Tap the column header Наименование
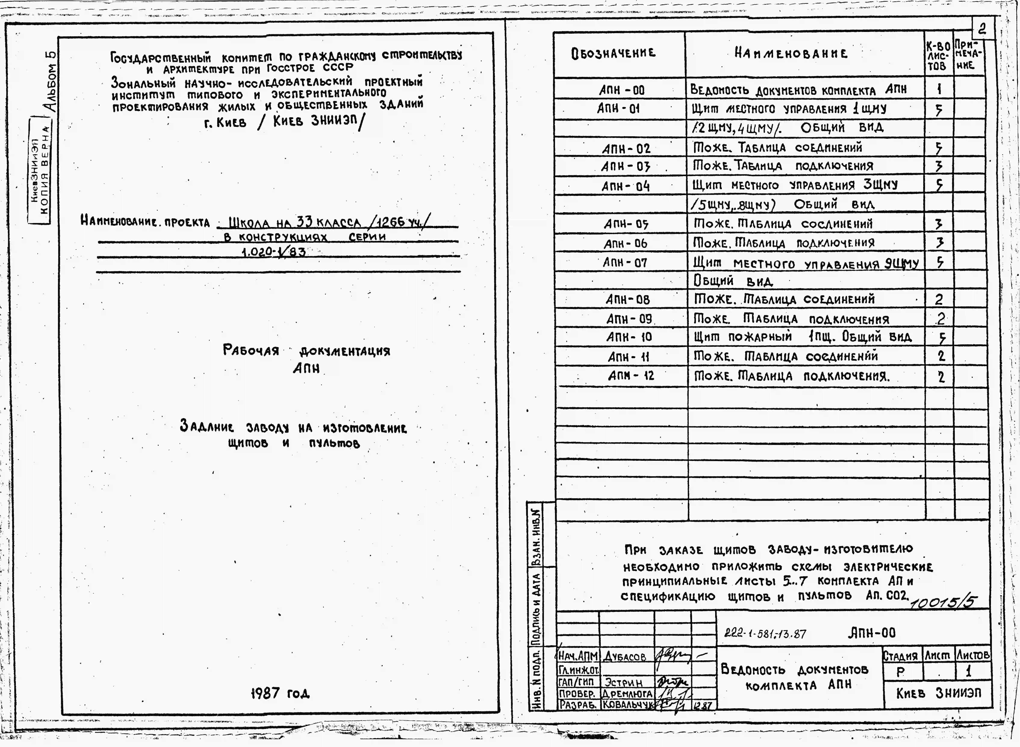[791, 54]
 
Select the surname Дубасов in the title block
[625, 657]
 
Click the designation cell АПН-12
[631, 376]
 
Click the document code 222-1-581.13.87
[765, 634]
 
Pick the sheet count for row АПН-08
[939, 299]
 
